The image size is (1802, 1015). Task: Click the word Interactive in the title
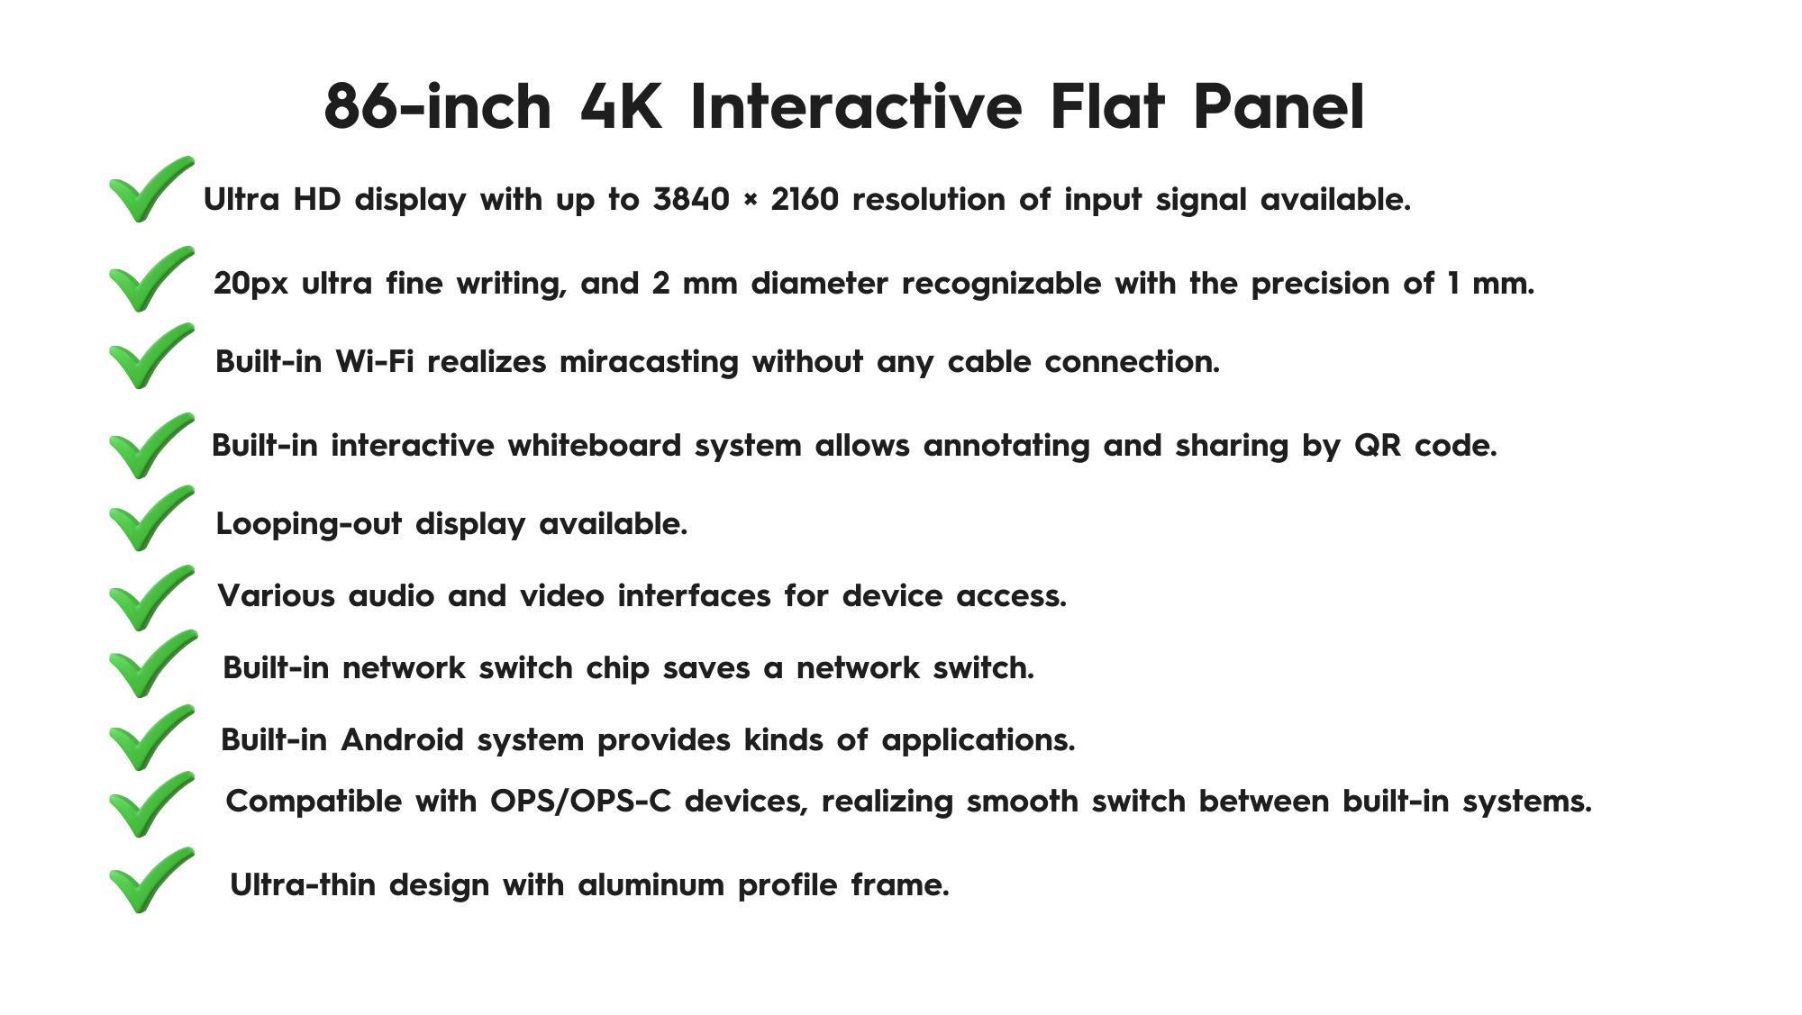click(x=856, y=107)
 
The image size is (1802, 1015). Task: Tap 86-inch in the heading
click(x=437, y=107)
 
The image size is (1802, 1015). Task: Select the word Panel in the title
click(x=1279, y=107)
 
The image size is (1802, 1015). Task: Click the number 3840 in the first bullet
click(x=691, y=199)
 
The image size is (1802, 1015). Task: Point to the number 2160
click(x=805, y=199)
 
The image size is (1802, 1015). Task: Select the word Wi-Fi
click(x=375, y=361)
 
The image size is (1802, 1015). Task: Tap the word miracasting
click(x=649, y=361)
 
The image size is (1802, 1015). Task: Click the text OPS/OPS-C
click(x=581, y=801)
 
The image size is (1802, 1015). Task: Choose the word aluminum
click(x=651, y=884)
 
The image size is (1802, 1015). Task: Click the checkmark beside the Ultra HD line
click(x=150, y=189)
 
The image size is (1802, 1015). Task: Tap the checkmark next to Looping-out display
click(x=150, y=518)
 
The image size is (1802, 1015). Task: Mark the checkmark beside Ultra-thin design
click(x=150, y=880)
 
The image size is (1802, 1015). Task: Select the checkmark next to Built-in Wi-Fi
click(x=150, y=356)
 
